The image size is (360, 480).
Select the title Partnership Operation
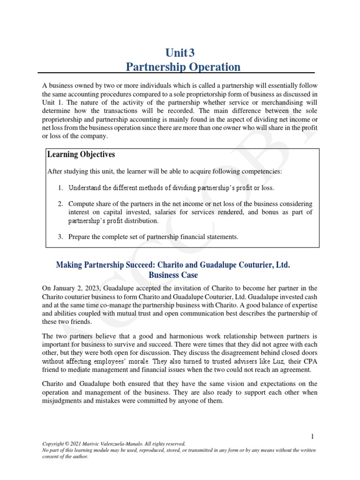click(x=183, y=67)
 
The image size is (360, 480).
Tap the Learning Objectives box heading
click(x=81, y=155)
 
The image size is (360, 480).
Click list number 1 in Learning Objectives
click(x=60, y=188)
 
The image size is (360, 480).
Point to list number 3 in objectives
click(x=60, y=237)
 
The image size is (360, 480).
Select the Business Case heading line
click(x=173, y=275)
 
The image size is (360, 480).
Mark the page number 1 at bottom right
click(x=313, y=437)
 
